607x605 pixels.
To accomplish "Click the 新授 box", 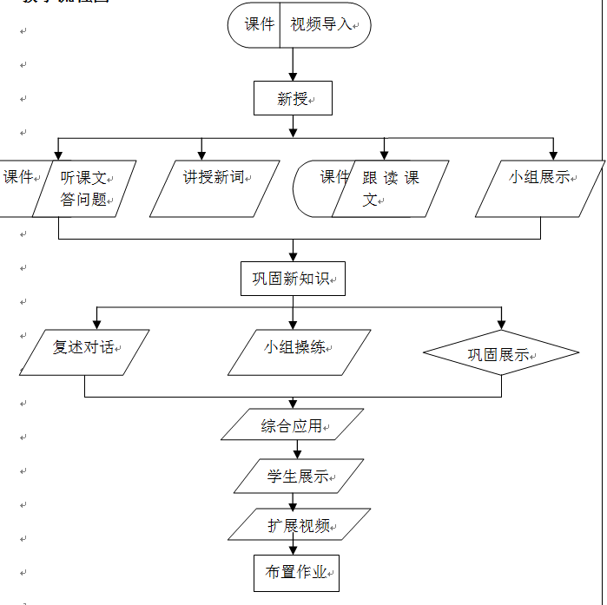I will point(293,99).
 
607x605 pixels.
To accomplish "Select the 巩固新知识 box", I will point(293,279).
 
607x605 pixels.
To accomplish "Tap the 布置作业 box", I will point(296,572).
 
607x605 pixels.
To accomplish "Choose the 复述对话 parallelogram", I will point(83,352).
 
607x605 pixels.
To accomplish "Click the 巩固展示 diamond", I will point(500,353).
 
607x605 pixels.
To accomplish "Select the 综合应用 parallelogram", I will point(293,425).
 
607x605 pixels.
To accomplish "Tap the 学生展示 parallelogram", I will point(298,476).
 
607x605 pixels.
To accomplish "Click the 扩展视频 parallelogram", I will point(299,524).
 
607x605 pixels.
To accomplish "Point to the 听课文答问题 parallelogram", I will point(84,187).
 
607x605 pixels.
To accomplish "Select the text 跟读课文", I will point(390,187).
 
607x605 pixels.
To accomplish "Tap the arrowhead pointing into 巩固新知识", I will point(293,256).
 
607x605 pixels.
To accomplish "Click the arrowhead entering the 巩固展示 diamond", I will point(500,326).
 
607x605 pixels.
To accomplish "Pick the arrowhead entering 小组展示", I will point(553,155).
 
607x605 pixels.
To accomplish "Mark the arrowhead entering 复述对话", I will point(96,324).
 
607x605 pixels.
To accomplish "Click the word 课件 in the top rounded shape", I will point(259,24).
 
